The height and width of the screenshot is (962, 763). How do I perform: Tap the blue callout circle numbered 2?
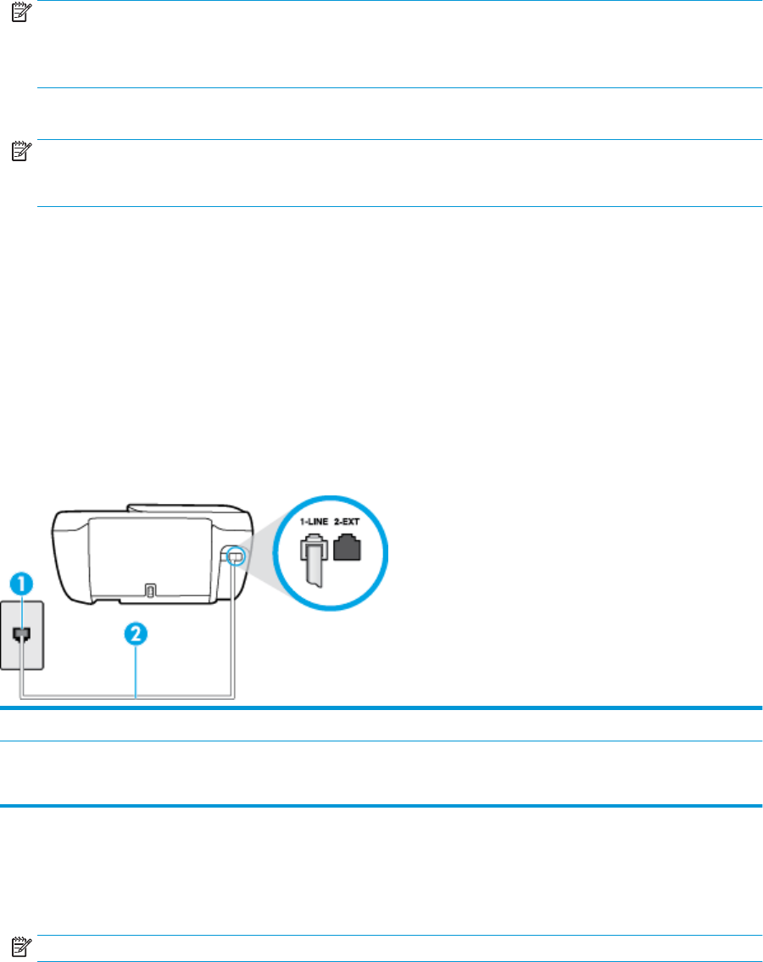137,634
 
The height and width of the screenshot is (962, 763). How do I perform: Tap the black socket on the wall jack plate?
23,634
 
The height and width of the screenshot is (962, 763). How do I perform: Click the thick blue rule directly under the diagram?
381,707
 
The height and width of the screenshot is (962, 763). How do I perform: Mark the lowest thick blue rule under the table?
381,805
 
